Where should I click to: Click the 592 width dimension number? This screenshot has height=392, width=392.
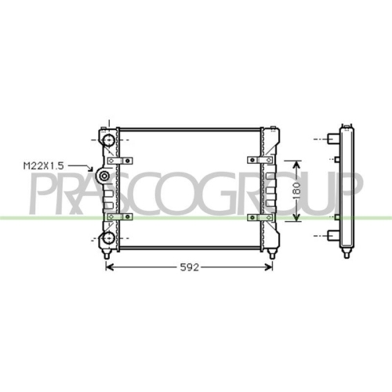(x=188, y=267)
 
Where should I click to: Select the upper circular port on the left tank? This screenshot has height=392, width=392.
(x=107, y=140)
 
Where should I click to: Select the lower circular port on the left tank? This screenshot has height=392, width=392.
(x=107, y=238)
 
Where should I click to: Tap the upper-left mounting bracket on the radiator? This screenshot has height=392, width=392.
(x=119, y=160)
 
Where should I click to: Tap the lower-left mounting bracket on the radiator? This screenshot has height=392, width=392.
(x=119, y=216)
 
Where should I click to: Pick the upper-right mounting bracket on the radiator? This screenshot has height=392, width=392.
(x=257, y=160)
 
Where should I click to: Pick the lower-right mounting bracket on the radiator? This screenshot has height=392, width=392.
(x=257, y=216)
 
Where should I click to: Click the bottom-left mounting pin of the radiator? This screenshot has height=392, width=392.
(x=107, y=254)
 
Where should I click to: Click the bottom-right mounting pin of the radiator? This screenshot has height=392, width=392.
(x=271, y=254)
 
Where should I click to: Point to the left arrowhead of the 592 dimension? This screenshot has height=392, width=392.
(x=109, y=267)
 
